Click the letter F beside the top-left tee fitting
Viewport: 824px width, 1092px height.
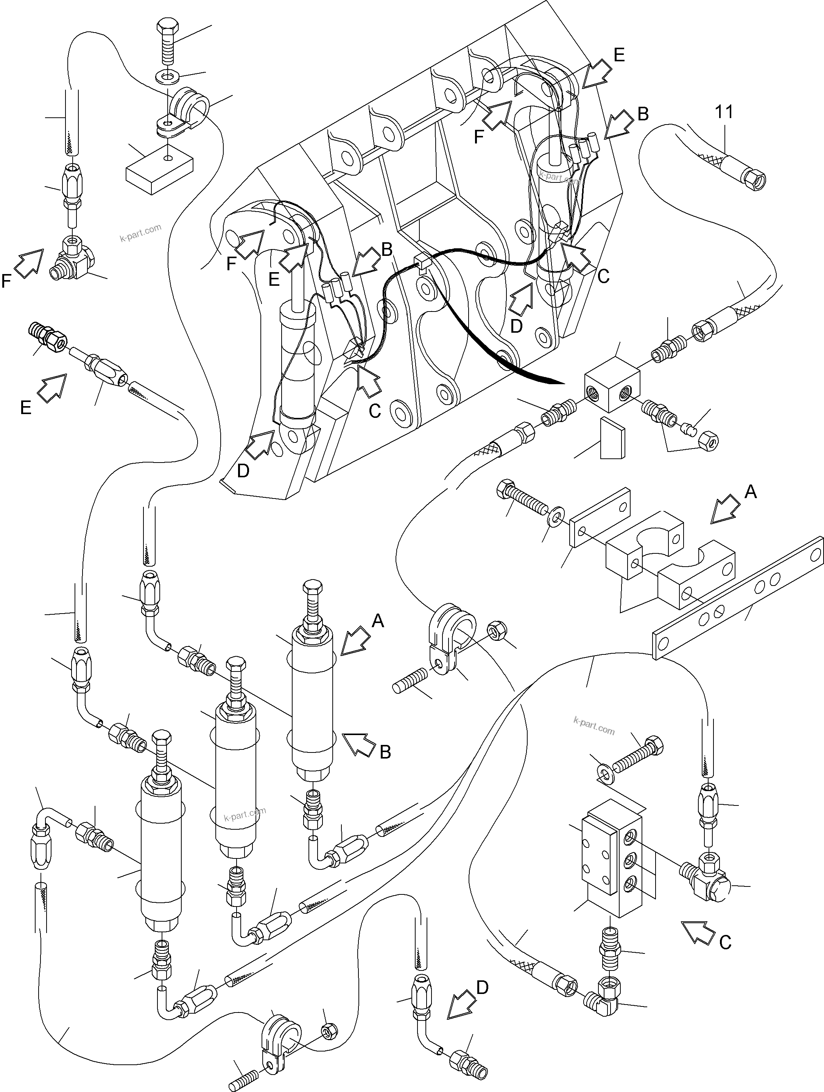(x=6, y=281)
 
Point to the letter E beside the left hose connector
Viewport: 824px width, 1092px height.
(x=25, y=407)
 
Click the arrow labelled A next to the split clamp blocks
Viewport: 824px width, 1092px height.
(x=725, y=508)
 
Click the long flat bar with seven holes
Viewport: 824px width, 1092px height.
(x=738, y=599)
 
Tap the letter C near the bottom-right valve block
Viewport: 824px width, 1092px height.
(x=724, y=942)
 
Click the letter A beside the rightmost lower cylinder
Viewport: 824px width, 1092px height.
(x=377, y=621)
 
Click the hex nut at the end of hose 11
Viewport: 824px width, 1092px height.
(x=755, y=180)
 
